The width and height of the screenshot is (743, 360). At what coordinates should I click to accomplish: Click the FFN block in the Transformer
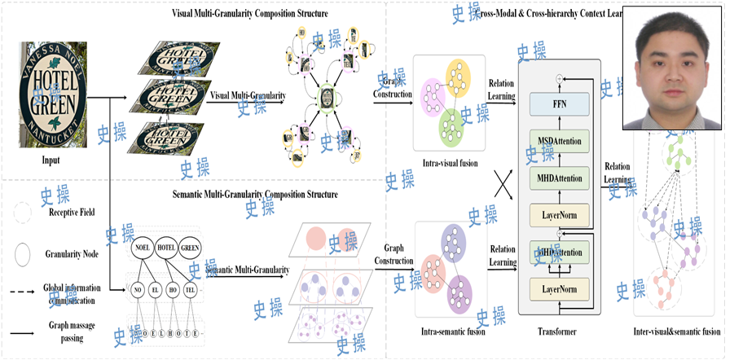coord(559,105)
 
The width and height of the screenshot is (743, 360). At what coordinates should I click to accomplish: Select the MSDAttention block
coord(559,141)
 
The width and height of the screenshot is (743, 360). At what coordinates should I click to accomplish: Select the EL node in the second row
coord(155,289)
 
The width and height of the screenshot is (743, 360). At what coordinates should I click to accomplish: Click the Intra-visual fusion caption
coord(449,163)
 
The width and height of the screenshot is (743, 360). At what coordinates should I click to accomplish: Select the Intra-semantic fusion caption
coord(450,331)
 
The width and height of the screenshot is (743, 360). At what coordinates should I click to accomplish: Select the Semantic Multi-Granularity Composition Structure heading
coord(255,195)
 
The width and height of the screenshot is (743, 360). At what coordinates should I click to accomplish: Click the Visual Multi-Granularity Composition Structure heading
coord(249,13)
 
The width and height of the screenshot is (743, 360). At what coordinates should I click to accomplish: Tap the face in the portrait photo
coord(672,60)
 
